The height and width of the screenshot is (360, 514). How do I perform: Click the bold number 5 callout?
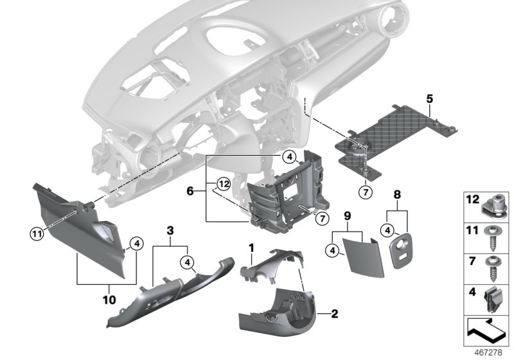[x=429, y=98]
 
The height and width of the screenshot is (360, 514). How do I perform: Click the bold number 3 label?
[x=170, y=230]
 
